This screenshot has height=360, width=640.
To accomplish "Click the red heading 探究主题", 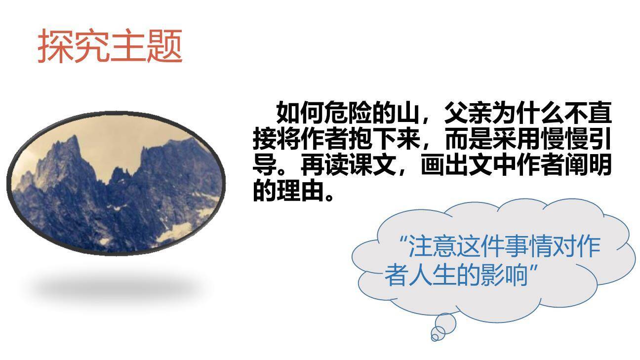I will (110, 46).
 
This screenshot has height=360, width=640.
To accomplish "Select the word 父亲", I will (468, 114).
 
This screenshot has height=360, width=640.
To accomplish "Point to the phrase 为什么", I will (528, 114).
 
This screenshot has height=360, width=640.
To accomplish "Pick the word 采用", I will (516, 140).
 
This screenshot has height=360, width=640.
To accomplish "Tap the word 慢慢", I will (564, 140).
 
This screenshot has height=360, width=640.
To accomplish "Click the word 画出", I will (444, 166).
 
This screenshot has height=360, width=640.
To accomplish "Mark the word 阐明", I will (588, 166).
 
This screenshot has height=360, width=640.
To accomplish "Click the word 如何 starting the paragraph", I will (301, 114).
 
